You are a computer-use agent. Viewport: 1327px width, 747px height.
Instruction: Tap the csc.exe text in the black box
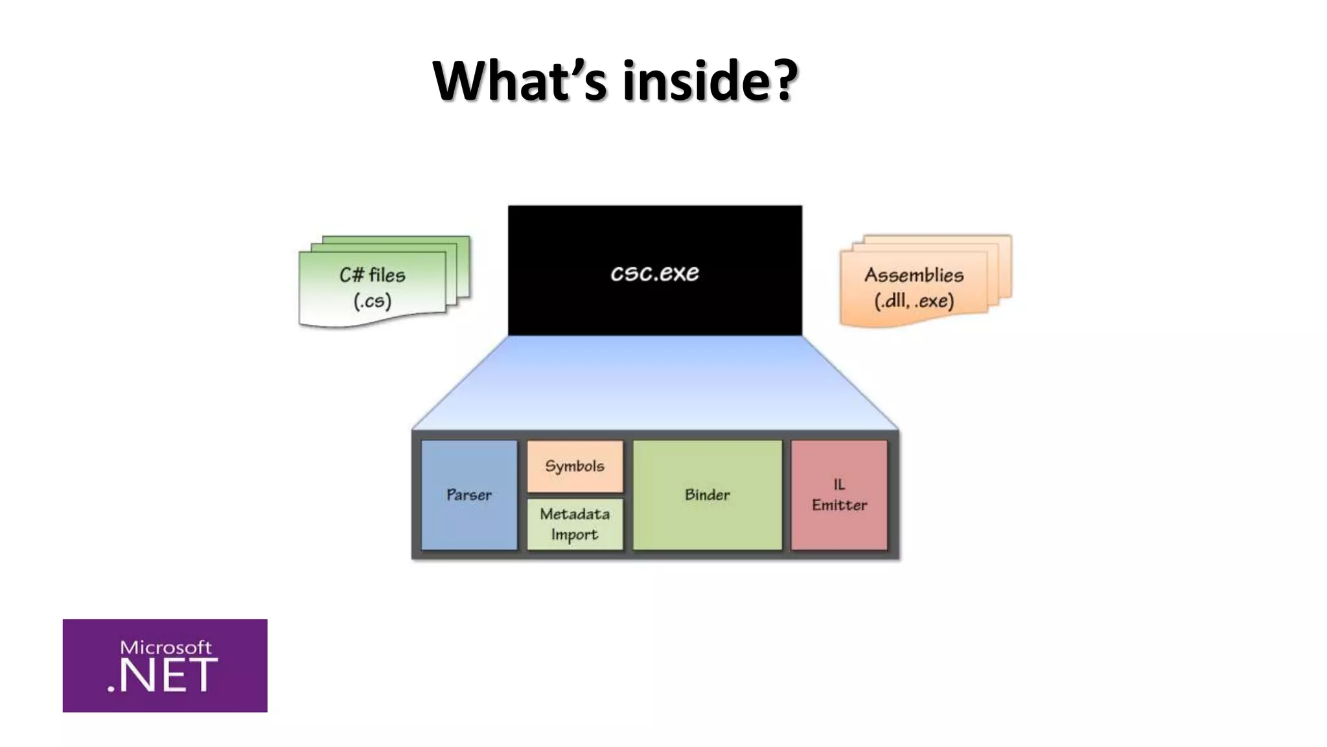(654, 273)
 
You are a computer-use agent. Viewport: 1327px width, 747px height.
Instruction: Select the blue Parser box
(469, 495)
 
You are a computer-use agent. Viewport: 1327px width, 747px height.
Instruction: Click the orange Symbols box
(575, 466)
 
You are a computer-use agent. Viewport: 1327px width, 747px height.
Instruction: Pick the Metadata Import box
(575, 524)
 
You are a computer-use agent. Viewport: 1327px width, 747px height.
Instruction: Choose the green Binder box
(707, 495)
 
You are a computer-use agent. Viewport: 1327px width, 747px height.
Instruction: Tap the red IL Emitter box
(839, 495)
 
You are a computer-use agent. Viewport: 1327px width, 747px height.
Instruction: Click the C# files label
(373, 275)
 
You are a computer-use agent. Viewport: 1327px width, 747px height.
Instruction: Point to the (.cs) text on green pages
(373, 301)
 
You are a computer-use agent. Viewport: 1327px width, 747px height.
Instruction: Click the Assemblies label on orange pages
(914, 275)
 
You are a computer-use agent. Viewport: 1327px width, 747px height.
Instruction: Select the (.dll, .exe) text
(914, 302)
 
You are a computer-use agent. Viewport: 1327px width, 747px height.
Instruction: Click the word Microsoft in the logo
(166, 647)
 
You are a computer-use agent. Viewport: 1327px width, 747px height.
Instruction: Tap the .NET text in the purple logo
(162, 676)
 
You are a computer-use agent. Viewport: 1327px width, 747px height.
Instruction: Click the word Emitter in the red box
(839, 505)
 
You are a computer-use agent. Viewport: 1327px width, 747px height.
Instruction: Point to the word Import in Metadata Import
(574, 535)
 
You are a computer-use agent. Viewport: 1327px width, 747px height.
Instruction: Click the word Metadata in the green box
(575, 514)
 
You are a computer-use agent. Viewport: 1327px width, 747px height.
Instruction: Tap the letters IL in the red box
(839, 484)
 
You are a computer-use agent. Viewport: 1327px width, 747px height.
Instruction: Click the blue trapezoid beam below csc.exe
(654, 383)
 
